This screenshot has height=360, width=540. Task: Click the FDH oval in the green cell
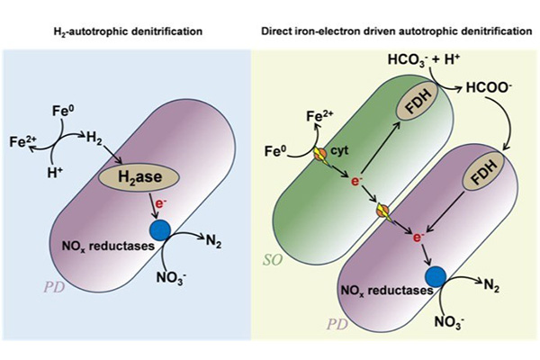(412, 104)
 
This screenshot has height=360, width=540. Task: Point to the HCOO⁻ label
(488, 88)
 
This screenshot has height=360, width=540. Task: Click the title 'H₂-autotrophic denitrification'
(125, 31)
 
